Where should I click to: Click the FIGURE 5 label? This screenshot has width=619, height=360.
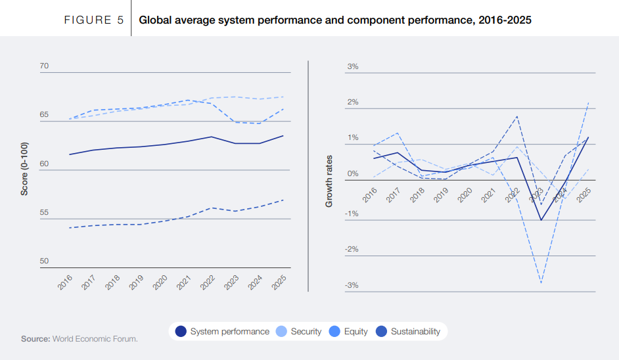point(93,20)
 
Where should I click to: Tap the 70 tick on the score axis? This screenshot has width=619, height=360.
point(44,66)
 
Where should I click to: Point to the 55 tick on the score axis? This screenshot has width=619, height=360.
point(44,213)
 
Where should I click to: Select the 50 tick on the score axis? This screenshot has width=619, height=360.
point(44,261)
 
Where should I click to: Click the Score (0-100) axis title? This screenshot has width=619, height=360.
point(24,169)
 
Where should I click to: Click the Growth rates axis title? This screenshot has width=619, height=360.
point(329,181)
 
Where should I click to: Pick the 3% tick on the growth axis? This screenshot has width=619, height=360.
point(352,66)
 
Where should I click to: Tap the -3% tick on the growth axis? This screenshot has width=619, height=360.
point(352,285)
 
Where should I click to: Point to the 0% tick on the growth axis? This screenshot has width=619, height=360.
point(352,173)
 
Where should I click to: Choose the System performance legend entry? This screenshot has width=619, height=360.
point(223,332)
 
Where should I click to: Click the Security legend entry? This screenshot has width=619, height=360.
point(300,332)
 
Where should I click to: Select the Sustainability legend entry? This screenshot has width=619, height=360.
point(408,332)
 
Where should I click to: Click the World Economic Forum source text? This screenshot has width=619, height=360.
point(95,339)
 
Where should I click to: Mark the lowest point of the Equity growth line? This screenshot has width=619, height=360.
point(541,283)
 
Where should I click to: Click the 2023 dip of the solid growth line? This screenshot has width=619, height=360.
point(541,220)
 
